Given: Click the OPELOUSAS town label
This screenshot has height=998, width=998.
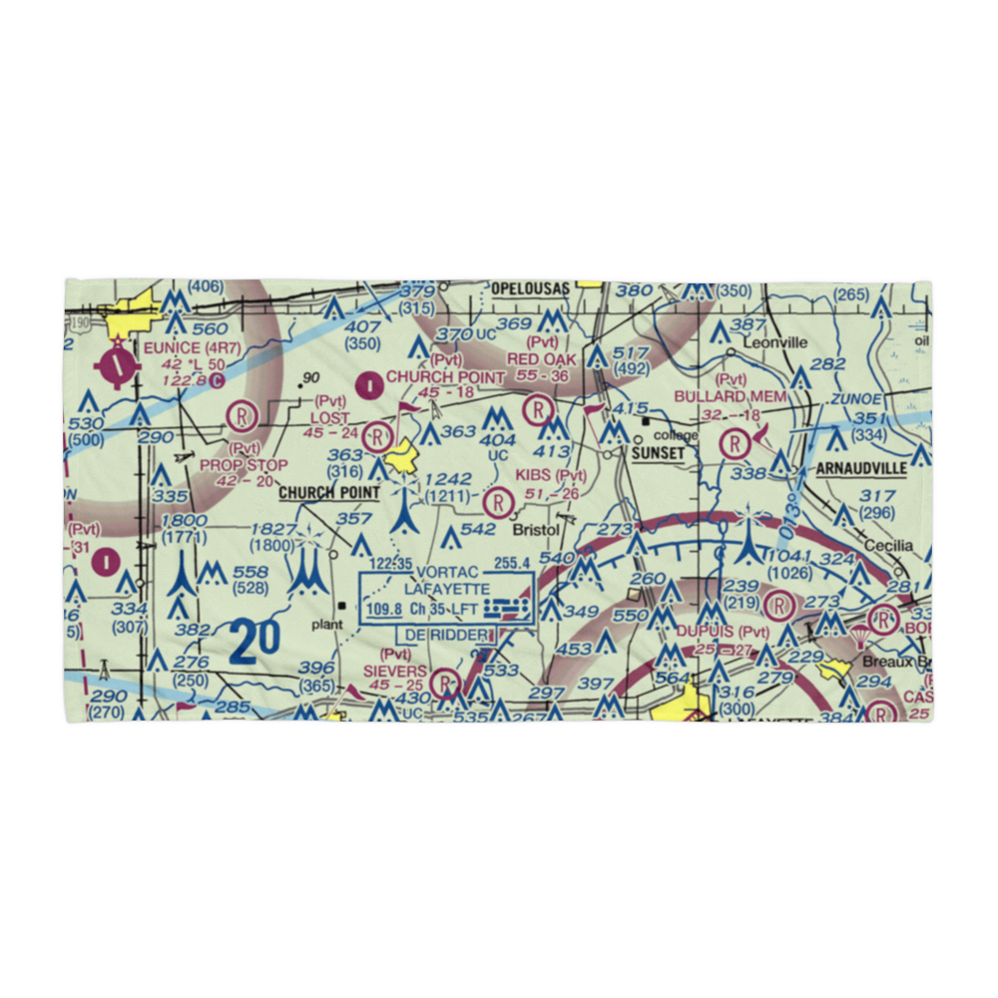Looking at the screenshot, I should coord(529,288).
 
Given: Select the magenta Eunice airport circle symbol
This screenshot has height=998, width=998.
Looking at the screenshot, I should coord(117,365).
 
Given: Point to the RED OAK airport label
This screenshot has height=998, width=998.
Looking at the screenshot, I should coord(542,359).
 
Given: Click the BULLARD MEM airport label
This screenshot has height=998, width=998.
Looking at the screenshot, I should coord(745,396).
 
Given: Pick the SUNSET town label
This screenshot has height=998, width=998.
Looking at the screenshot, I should coord(658,453).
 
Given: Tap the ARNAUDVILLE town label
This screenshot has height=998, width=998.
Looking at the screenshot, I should coord(861,468).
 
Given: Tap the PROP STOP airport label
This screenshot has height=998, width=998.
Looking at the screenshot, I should coord(244,465).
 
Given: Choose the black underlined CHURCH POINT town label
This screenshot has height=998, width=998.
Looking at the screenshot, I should coord(328,493).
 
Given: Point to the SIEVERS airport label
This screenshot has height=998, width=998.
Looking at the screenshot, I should coord(394,672).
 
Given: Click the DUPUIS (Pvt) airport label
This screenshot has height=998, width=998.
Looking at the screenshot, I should coord(722,632).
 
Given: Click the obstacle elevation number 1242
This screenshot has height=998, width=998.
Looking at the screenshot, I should coord(446,479).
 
